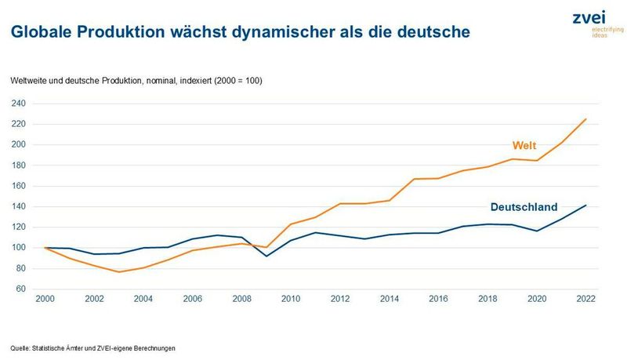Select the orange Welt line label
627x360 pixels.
point(525,146)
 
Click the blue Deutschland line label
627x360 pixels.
point(524,207)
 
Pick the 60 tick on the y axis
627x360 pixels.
point(21,289)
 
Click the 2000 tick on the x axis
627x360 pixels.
point(46,299)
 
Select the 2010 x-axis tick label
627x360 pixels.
point(291,299)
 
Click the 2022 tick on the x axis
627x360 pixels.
point(585,299)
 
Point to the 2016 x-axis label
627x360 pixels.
point(438,299)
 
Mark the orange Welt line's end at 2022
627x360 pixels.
point(585,119)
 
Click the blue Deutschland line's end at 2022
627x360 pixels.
point(585,205)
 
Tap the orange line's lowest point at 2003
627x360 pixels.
point(119,272)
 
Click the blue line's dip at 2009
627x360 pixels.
point(266,256)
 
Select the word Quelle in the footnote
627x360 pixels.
point(21,348)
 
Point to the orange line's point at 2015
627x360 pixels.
point(414,179)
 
